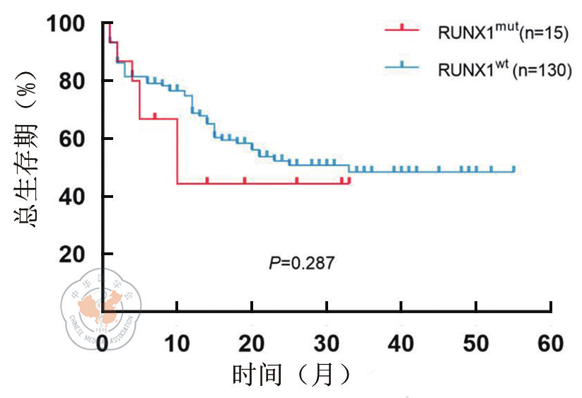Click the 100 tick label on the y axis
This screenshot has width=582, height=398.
[x=67, y=25]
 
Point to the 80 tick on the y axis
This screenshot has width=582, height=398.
[x=76, y=81]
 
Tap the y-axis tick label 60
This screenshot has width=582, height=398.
[x=76, y=139]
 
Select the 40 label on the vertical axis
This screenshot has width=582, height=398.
[x=76, y=196]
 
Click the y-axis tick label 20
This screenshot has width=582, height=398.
[x=76, y=253]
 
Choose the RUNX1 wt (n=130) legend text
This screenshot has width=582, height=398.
[x=504, y=69]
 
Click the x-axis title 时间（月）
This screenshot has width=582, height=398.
[x=291, y=374]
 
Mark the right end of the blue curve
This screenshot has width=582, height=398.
[x=513, y=170]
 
